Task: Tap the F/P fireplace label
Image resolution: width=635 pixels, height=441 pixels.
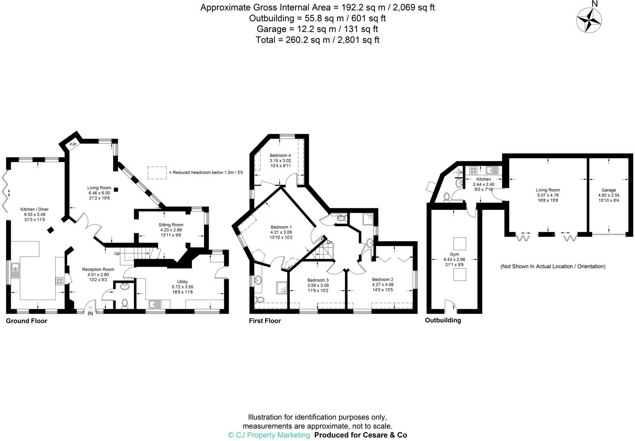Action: pyautogui.click(x=73, y=145)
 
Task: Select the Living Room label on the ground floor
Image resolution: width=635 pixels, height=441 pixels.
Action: pyautogui.click(x=99, y=188)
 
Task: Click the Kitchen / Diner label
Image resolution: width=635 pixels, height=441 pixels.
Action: pyautogui.click(x=34, y=209)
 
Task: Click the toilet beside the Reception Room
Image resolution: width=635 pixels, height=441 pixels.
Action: pyautogui.click(x=125, y=303)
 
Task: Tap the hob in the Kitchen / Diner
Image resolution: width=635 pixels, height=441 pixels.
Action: pyautogui.click(x=60, y=281)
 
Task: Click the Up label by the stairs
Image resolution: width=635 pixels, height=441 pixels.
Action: pyautogui.click(x=117, y=253)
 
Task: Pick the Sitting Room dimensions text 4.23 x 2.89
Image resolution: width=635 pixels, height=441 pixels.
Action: pyautogui.click(x=171, y=230)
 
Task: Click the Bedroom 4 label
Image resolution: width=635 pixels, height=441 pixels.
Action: pyautogui.click(x=280, y=155)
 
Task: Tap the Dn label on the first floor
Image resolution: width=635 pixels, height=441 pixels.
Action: pyautogui.click(x=330, y=242)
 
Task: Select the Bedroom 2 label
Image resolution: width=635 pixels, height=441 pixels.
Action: pyautogui.click(x=383, y=279)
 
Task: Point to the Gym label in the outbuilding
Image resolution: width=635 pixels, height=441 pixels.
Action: pyautogui.click(x=454, y=254)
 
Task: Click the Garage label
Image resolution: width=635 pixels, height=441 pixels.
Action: pyautogui.click(x=608, y=190)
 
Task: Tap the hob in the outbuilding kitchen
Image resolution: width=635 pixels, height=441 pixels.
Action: pyautogui.click(x=473, y=170)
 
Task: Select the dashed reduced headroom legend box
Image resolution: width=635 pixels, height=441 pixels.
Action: pyautogui.click(x=157, y=172)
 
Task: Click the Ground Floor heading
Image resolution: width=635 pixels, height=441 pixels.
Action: pyautogui.click(x=27, y=321)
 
